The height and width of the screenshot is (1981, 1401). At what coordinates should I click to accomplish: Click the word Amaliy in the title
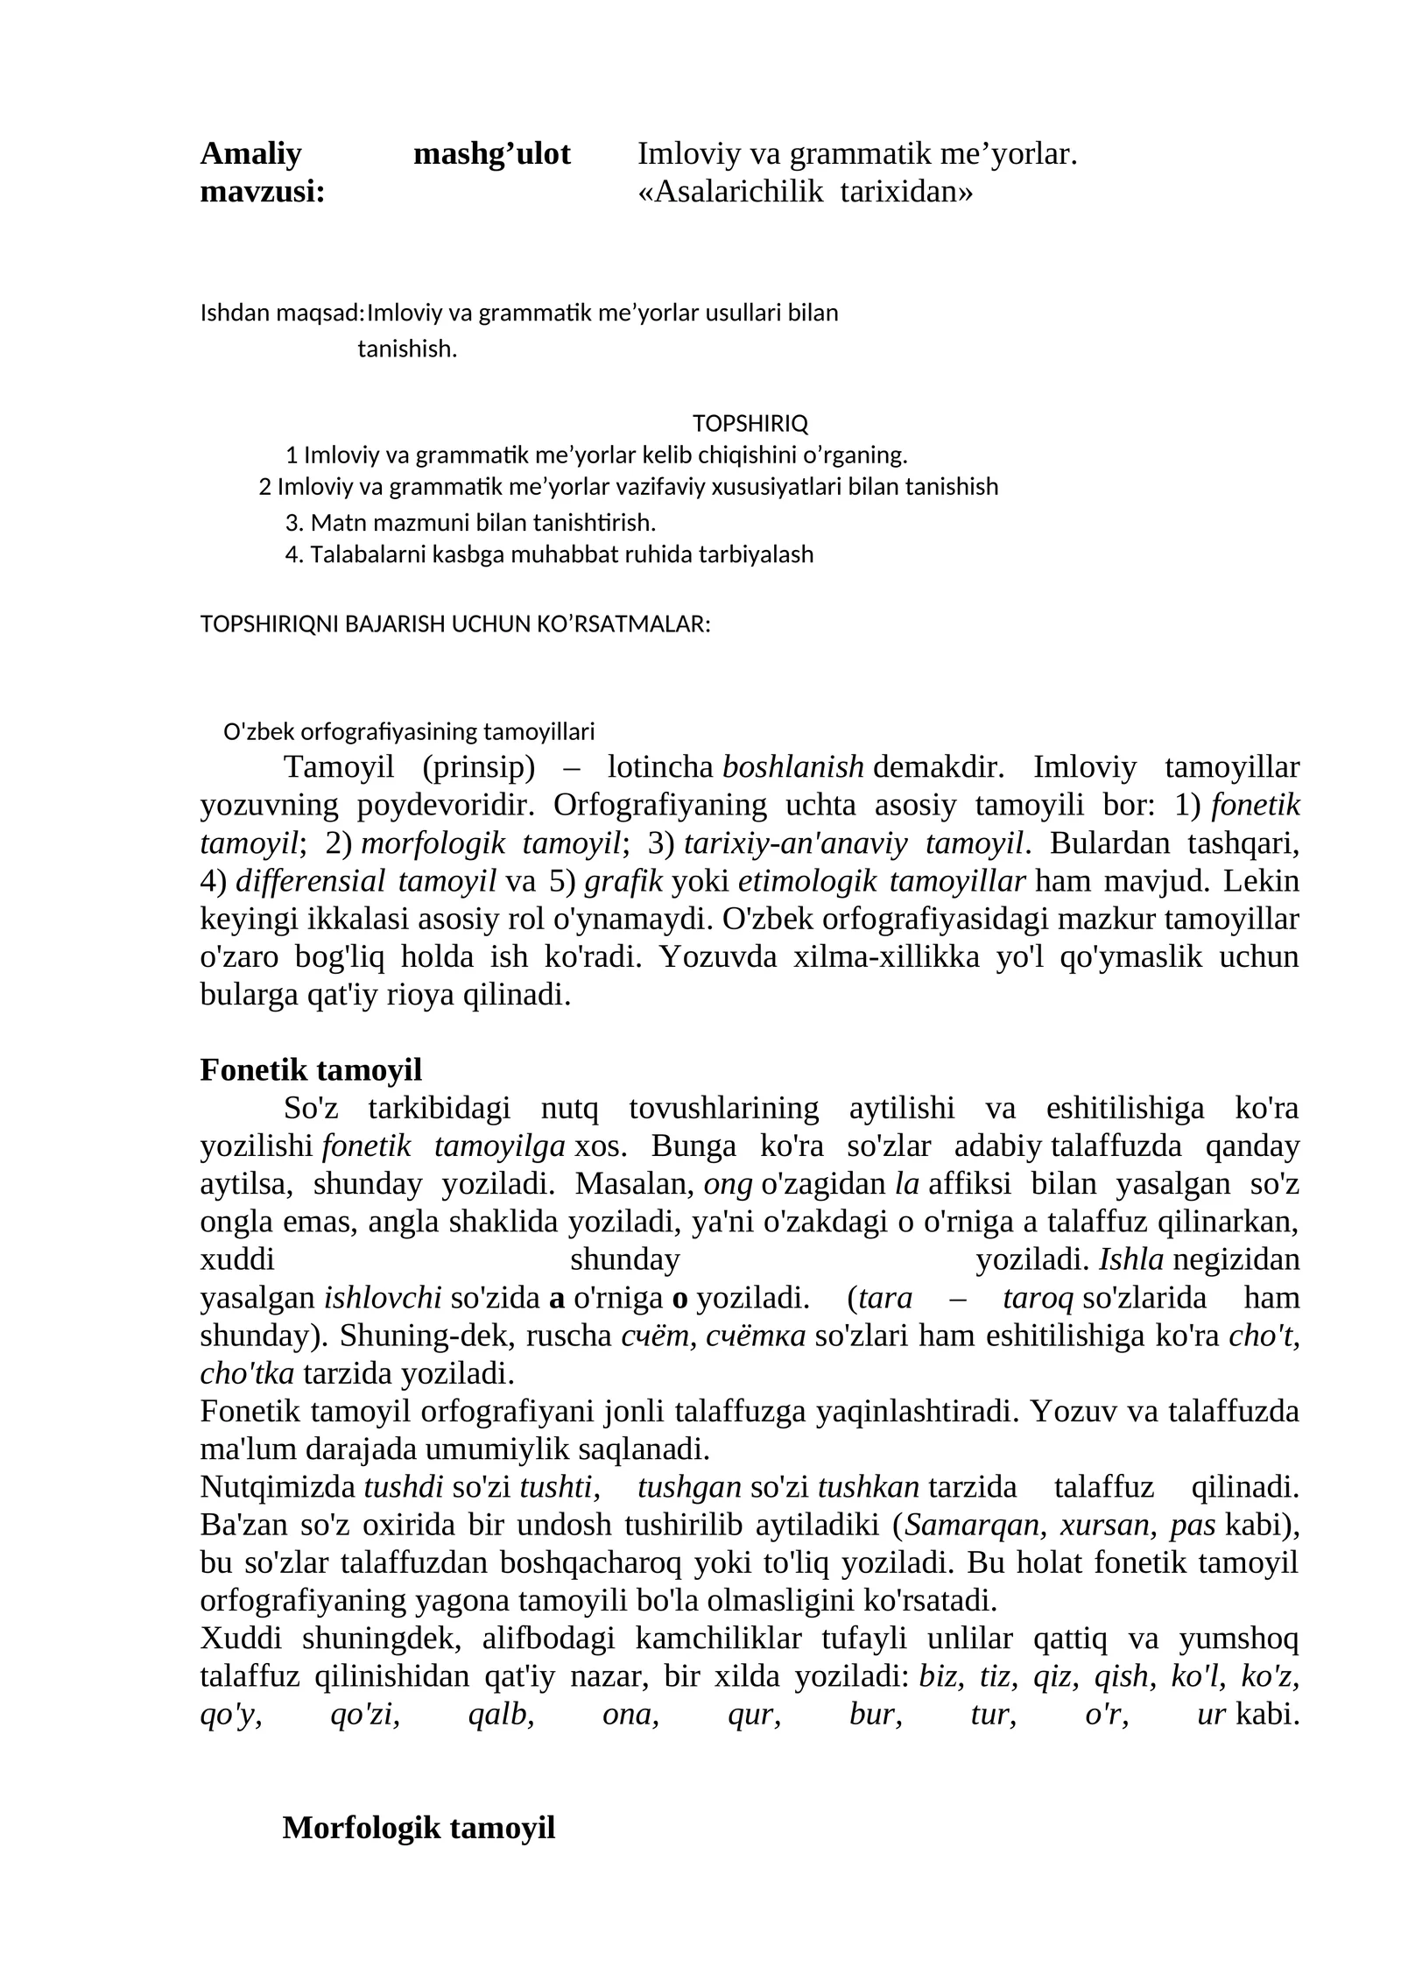click(x=250, y=154)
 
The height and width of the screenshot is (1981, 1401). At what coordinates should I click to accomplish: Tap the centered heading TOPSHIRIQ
click(x=750, y=424)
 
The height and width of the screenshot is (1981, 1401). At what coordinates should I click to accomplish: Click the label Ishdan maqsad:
click(x=282, y=313)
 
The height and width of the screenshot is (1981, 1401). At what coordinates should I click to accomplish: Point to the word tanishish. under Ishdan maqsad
click(x=407, y=349)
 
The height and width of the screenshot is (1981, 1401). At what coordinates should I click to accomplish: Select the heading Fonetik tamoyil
click(x=311, y=1070)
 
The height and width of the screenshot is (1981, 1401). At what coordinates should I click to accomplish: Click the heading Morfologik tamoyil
click(x=419, y=1828)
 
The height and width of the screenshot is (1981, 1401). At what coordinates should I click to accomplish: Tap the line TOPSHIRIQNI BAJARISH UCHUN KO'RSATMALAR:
click(x=454, y=624)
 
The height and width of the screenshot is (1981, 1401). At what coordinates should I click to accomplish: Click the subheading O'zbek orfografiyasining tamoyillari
click(x=409, y=731)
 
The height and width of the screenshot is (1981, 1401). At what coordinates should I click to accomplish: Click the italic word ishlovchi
click(x=383, y=1299)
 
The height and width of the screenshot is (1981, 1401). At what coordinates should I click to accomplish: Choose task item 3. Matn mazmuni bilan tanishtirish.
click(x=470, y=524)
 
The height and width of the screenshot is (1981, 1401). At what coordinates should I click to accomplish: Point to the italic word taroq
click(x=1038, y=1299)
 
